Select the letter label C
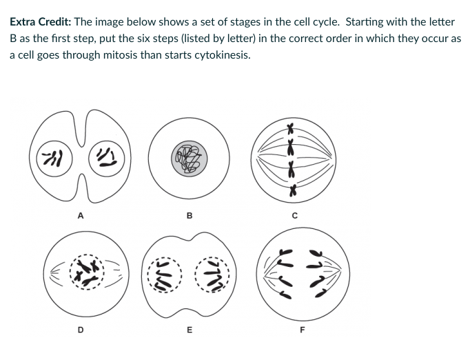pos(295,216)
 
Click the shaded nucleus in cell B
pos(189,157)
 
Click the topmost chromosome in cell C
pos(292,128)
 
